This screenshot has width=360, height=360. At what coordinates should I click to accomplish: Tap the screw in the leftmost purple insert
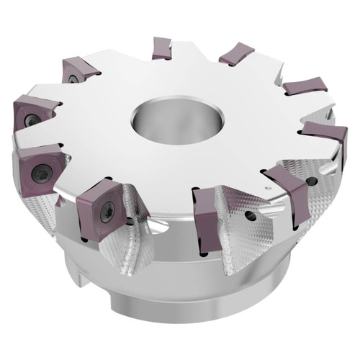[32, 120]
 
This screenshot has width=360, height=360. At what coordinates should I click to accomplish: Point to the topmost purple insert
[162, 48]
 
